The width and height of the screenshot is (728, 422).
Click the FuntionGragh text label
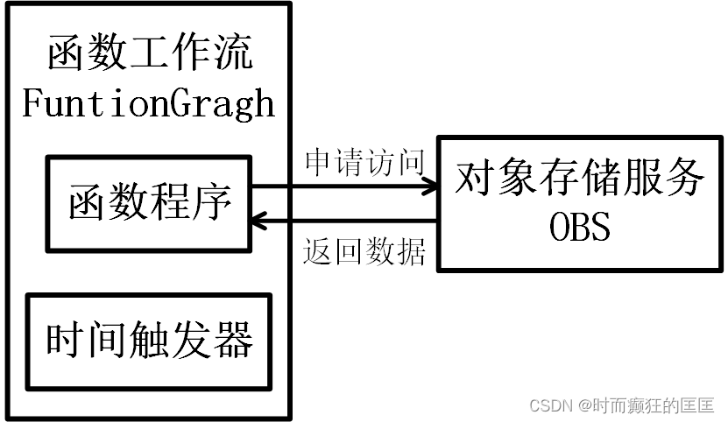[148, 104]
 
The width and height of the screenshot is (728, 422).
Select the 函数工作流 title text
[149, 54]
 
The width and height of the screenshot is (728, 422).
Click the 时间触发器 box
[149, 341]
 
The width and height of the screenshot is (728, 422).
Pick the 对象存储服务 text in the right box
[579, 179]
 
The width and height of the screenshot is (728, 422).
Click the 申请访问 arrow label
[364, 162]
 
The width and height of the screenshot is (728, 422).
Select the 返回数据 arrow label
[364, 252]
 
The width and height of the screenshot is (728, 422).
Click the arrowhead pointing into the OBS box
[429, 186]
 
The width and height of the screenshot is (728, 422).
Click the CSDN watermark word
[548, 405]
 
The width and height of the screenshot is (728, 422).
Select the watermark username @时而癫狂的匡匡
[645, 405]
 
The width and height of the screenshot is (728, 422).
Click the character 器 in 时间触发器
[234, 341]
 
